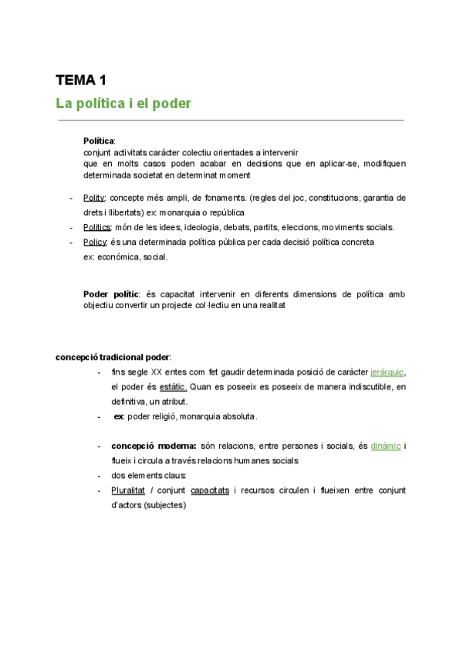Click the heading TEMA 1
point(81,80)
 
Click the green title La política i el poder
point(123,103)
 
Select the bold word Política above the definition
point(99,141)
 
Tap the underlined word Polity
point(94,198)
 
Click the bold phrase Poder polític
point(111,294)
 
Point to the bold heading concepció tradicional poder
point(113,357)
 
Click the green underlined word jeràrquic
point(387,372)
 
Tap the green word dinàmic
point(386,446)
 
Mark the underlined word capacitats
point(210,490)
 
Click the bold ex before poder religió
point(119,416)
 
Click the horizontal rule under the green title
point(231,120)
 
